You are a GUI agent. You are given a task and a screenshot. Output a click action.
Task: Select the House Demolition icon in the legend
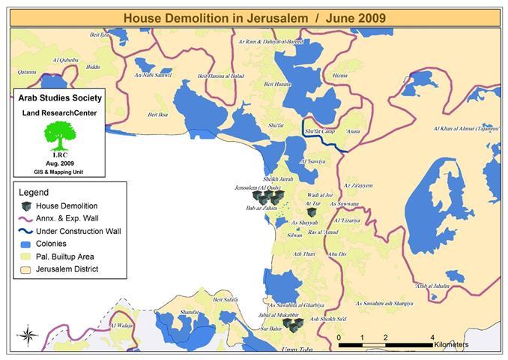click(x=25, y=205)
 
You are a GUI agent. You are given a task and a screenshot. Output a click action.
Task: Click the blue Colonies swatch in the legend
click(x=25, y=244)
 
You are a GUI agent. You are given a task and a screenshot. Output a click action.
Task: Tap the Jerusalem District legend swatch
click(x=25, y=269)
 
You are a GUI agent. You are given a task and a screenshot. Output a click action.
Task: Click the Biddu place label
click(x=93, y=67)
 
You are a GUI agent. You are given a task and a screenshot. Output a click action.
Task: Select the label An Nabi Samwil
click(x=153, y=75)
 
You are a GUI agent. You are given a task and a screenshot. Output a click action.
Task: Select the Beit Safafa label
click(x=228, y=299)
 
